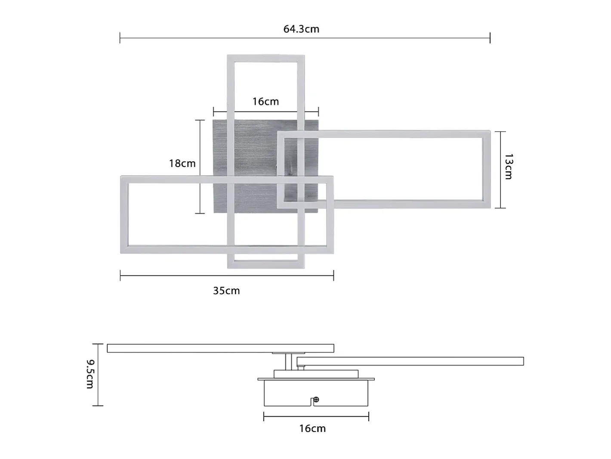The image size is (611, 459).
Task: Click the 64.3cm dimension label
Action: tap(301, 29)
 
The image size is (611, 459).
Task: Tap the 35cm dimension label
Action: tap(226, 291)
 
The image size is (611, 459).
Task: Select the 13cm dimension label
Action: tap(509, 166)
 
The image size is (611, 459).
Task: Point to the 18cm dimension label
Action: tap(182, 163)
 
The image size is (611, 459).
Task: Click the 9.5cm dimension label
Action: tap(91, 374)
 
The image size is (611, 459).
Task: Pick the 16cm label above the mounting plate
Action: tap(265, 101)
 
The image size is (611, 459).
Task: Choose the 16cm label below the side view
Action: tap(312, 428)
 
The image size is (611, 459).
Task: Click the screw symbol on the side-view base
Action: tap(316, 400)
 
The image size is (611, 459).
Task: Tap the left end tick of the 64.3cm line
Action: tap(120, 38)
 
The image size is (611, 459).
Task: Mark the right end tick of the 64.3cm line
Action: tap(490, 38)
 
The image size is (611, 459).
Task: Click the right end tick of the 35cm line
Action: tap(333, 276)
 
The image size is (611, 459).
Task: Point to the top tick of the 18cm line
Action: tap(200, 120)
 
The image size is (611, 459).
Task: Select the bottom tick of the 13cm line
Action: tap(500, 208)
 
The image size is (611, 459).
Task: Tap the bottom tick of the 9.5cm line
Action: tap(98, 406)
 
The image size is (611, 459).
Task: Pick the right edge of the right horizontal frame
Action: tap(487, 169)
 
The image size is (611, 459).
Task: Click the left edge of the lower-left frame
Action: tap(124, 214)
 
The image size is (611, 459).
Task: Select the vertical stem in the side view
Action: tap(289, 362)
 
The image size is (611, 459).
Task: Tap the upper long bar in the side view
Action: tap(220, 348)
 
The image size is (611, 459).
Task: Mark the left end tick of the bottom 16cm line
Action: tap(264, 417)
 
